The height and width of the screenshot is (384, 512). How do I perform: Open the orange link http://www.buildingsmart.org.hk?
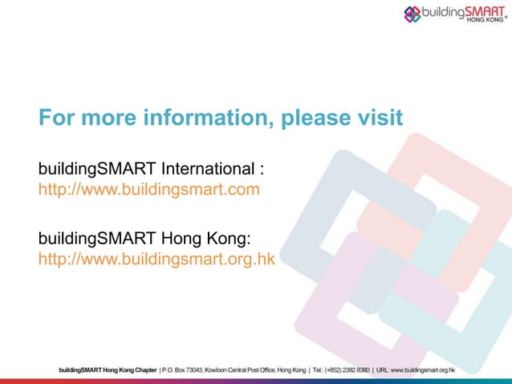click(x=156, y=259)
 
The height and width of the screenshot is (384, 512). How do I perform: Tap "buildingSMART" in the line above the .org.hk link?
click(x=87, y=239)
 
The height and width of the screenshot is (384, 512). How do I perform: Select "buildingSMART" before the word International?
click(x=87, y=170)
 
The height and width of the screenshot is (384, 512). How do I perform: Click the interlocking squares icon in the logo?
click(x=412, y=14)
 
